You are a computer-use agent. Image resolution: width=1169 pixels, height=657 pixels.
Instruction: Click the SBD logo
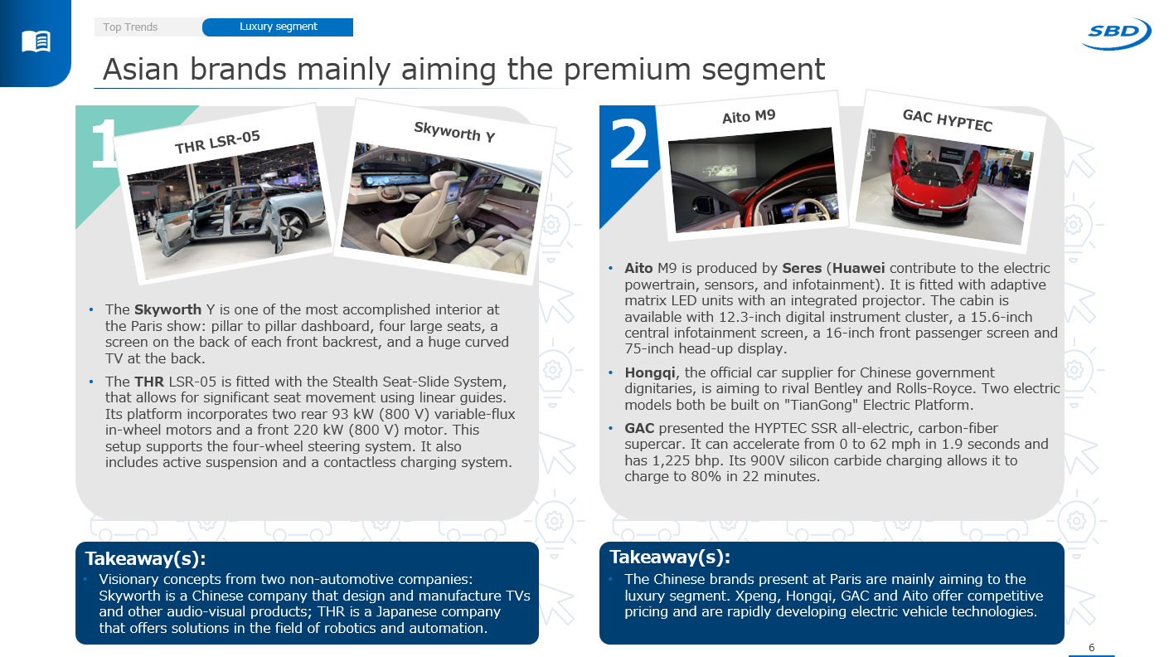click(x=1116, y=33)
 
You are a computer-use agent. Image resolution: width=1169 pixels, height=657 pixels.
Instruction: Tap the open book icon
click(x=36, y=41)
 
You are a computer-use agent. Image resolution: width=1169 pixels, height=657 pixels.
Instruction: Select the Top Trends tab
click(x=130, y=27)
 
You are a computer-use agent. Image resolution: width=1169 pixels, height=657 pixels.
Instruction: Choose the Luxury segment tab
click(x=279, y=27)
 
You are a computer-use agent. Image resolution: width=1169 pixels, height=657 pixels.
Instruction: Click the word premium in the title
click(x=628, y=70)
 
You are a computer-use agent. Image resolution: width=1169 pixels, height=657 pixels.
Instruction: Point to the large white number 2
click(x=629, y=143)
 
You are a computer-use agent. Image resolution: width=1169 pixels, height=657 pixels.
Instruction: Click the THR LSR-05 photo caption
click(x=217, y=142)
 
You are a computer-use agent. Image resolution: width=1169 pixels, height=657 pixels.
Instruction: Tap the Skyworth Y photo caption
click(x=454, y=131)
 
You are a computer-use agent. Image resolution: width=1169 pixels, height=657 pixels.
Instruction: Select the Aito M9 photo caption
click(x=749, y=116)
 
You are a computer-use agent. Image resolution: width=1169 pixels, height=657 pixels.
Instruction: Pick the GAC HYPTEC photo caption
click(x=947, y=120)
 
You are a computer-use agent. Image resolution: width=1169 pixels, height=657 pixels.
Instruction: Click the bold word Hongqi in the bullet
click(x=650, y=372)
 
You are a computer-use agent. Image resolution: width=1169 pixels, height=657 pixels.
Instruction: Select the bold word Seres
click(x=802, y=268)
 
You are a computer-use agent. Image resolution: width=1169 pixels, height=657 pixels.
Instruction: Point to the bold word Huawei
click(x=858, y=268)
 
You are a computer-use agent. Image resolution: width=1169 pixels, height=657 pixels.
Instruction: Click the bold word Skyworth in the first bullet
click(x=167, y=309)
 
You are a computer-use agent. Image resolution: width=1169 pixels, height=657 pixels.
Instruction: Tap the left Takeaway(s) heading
click(x=146, y=559)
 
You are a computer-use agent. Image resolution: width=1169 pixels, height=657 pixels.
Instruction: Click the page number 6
click(x=1091, y=648)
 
